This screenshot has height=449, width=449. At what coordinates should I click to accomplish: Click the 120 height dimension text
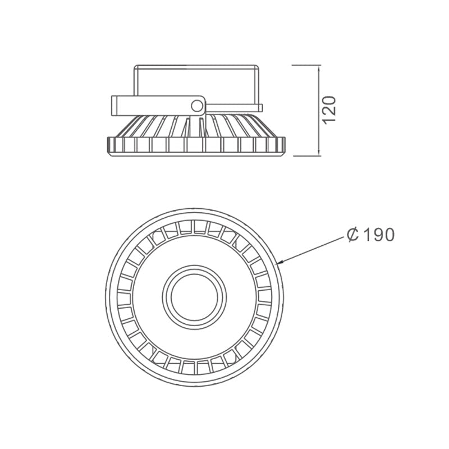tap(329, 110)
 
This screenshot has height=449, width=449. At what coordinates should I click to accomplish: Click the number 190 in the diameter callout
tap(380, 235)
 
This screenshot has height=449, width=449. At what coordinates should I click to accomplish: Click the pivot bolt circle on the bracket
tap(197, 106)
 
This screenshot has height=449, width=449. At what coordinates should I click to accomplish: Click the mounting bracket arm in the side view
tap(158, 106)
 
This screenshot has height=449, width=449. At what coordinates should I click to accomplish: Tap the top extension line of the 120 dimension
tap(306, 65)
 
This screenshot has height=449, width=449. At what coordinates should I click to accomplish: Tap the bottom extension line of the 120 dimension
tap(307, 156)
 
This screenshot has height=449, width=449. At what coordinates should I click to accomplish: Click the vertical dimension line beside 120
tap(319, 111)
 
